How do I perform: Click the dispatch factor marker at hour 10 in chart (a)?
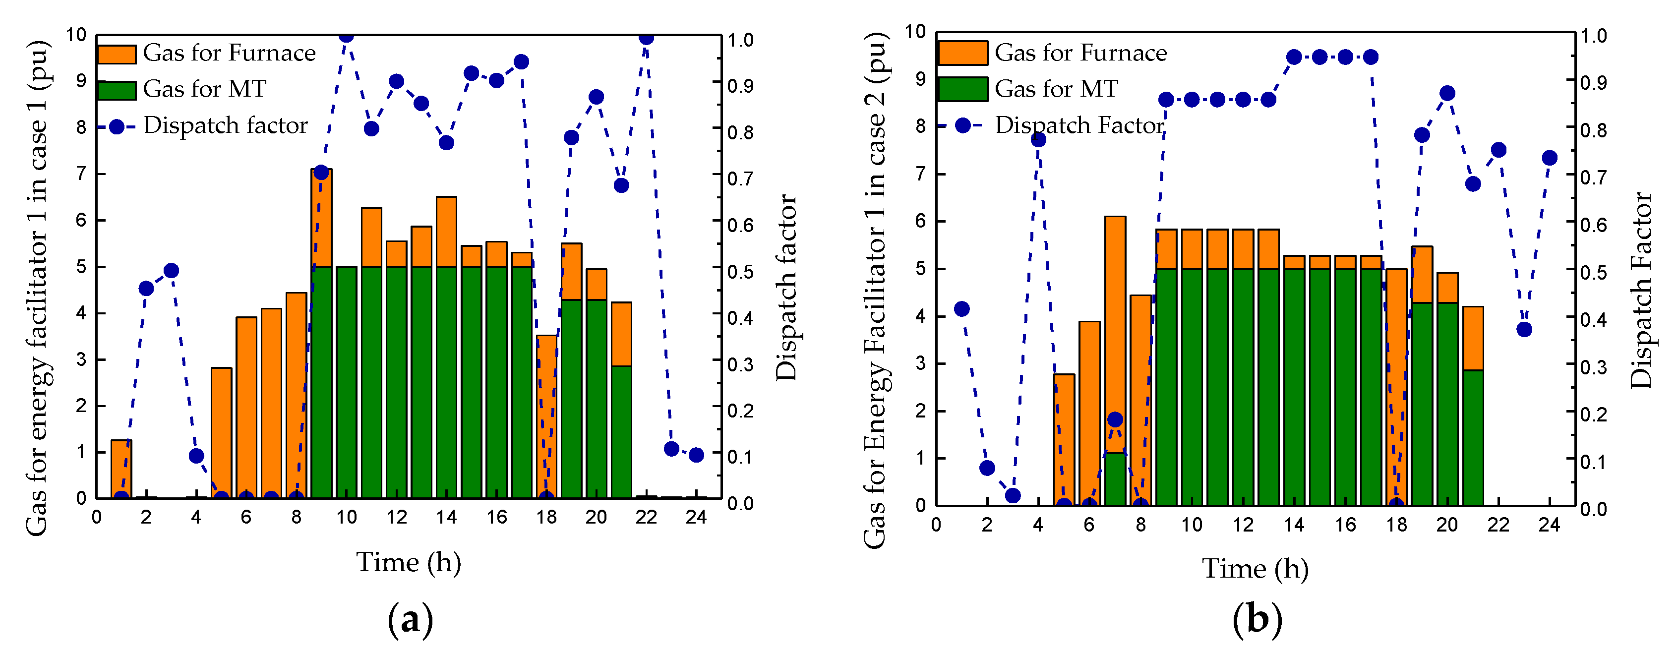point(346,35)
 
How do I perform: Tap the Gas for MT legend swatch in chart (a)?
point(117,90)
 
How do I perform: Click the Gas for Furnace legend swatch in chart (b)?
point(962,53)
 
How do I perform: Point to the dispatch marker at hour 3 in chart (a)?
point(171,270)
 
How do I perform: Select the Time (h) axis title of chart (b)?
point(1255,568)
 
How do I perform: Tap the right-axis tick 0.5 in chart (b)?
point(1593,272)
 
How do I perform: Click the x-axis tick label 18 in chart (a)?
point(546,518)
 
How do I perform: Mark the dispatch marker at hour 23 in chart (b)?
point(1524,329)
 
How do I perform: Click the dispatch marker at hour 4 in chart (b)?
point(1039,139)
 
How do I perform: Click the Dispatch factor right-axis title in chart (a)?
point(786,287)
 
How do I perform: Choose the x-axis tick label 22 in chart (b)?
point(1498,525)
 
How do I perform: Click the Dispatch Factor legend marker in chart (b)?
point(962,125)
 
